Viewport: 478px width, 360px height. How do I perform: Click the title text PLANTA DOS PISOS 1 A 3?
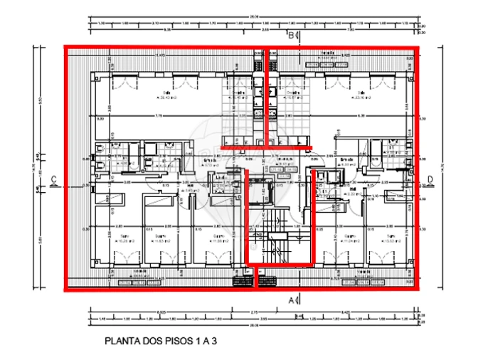159,341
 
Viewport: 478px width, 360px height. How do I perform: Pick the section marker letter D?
430,179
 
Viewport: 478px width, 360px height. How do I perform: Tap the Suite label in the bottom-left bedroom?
123,235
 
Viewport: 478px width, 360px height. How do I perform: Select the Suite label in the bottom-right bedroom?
389,235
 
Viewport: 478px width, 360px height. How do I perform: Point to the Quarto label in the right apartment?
350,235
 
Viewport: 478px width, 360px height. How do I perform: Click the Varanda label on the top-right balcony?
327,54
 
